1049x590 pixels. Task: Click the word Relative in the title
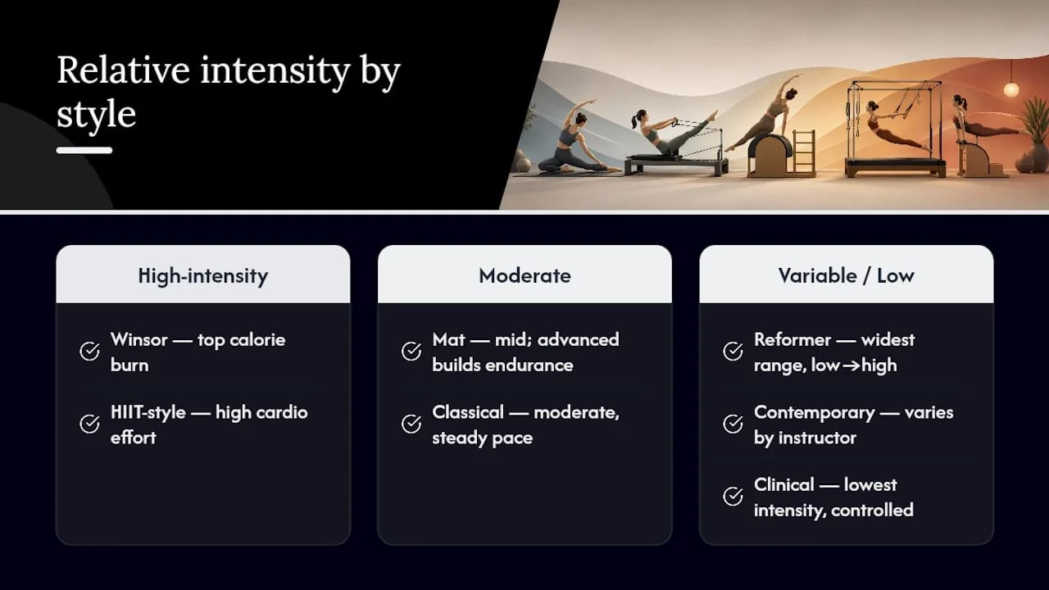click(123, 70)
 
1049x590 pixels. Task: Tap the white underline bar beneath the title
click(84, 150)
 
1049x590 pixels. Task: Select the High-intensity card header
click(202, 275)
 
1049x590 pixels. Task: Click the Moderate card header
click(524, 275)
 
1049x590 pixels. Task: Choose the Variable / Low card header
click(847, 275)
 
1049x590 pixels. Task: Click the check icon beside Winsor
click(89, 352)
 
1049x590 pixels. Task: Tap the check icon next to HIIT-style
click(89, 424)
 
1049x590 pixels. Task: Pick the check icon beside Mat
click(411, 352)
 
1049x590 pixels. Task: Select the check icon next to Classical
click(411, 424)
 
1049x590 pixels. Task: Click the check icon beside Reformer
click(733, 352)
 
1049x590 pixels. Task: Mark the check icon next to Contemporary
click(733, 424)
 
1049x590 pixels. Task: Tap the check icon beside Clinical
click(733, 497)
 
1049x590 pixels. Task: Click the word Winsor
click(139, 339)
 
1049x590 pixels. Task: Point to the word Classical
click(468, 412)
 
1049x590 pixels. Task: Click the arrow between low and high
click(851, 365)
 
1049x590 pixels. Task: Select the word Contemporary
click(815, 413)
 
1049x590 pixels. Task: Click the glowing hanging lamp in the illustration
click(1010, 89)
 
